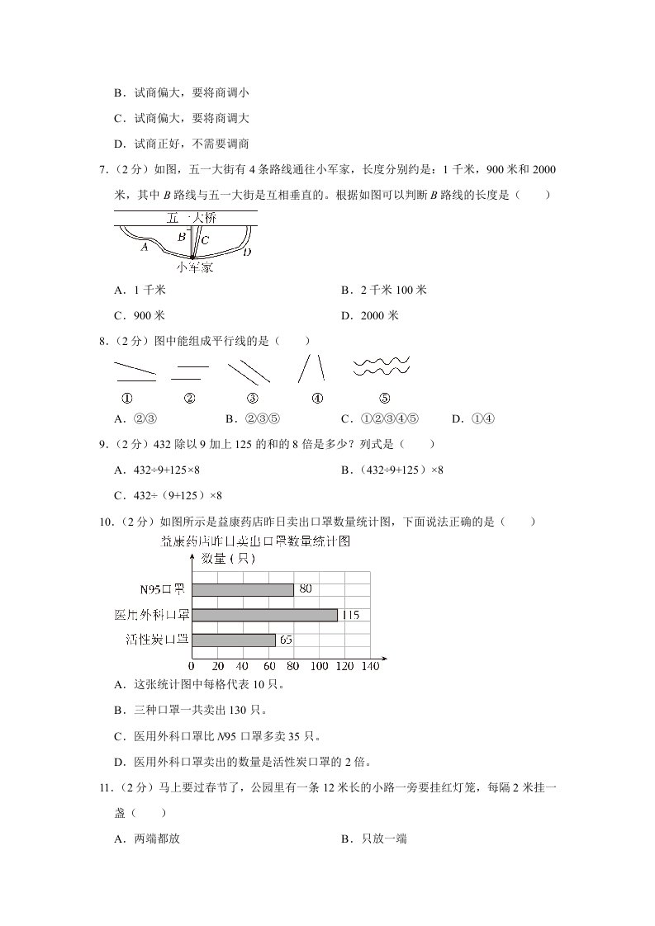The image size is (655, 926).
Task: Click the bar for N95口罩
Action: coord(243,589)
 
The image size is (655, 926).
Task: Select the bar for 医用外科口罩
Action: coord(264,615)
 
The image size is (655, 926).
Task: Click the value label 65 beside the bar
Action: coord(287,640)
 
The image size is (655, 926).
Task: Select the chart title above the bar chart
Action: coord(256,541)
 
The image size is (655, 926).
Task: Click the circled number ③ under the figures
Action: coord(253,399)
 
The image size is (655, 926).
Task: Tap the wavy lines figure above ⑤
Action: coord(382,367)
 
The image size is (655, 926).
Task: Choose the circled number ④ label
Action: coord(317,399)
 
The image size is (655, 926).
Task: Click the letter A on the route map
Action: coord(145,246)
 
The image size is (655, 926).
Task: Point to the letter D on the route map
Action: coord(247,251)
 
